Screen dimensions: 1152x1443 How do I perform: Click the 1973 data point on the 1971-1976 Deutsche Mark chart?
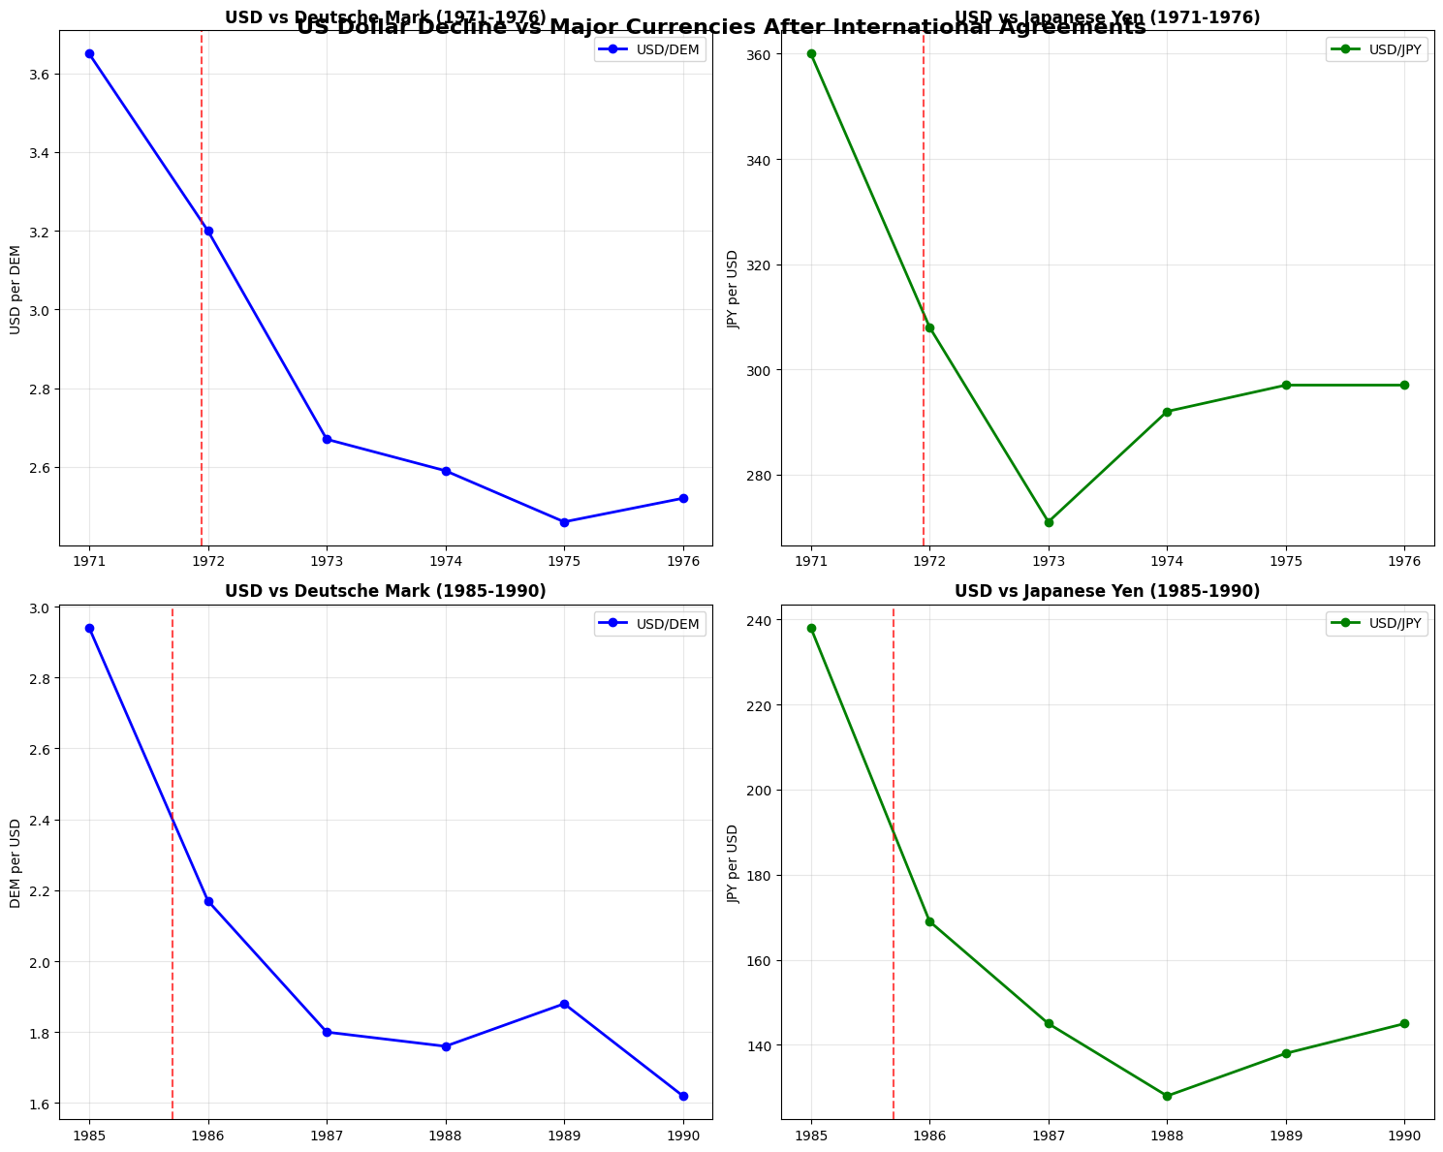tap(327, 440)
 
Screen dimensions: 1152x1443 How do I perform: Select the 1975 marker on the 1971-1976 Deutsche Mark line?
tap(564, 522)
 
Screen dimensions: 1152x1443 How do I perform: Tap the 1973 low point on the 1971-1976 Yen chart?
tap(1049, 522)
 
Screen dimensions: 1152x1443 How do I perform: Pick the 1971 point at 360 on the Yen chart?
tap(811, 54)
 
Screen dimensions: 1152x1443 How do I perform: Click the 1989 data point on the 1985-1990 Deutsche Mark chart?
tap(564, 1004)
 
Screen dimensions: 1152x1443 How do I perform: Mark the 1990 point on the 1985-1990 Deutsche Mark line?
tap(683, 1096)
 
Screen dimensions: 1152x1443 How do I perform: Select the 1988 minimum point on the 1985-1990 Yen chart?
tap(1167, 1096)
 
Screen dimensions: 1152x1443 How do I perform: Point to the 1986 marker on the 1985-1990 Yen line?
tap(929, 921)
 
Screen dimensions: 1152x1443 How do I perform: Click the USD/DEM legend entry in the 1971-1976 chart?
tap(650, 50)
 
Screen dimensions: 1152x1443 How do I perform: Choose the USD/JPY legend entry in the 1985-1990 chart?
tap(1376, 624)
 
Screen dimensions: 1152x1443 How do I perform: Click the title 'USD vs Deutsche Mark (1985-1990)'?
tap(386, 591)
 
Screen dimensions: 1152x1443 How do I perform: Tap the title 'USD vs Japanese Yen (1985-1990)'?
tap(1107, 591)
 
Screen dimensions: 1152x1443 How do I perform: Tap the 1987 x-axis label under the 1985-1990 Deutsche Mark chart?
tap(327, 1135)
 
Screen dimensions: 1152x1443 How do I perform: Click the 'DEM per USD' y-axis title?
tap(16, 863)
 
